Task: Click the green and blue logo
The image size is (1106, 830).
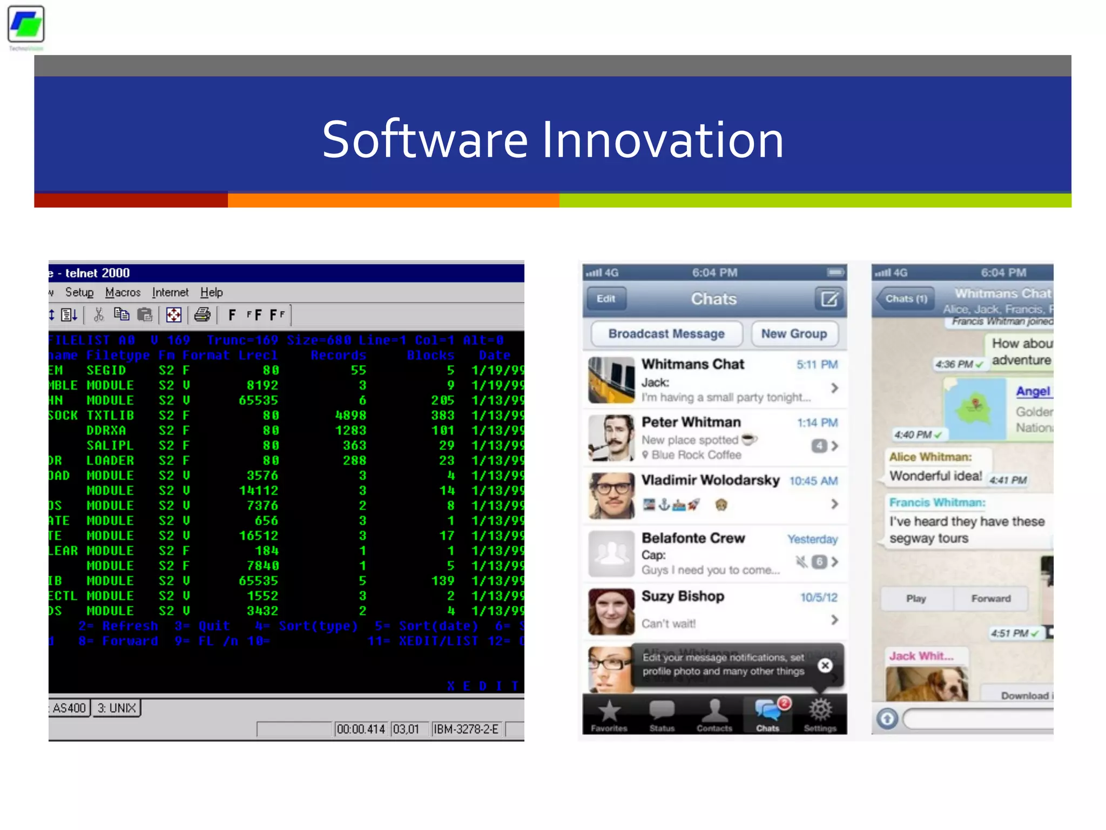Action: (x=26, y=24)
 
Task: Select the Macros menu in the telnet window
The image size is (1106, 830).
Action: (x=123, y=292)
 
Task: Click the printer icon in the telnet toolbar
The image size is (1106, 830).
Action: (x=203, y=314)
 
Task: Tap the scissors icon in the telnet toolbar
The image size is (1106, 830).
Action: (x=99, y=314)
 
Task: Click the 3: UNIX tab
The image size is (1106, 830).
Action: (x=117, y=708)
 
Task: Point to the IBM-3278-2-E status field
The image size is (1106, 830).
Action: (x=466, y=729)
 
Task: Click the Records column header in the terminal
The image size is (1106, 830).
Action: (x=338, y=356)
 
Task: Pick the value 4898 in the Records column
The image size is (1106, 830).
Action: (x=350, y=416)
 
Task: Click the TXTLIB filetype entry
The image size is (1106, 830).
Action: (x=110, y=416)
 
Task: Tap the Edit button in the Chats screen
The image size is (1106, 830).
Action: (x=606, y=299)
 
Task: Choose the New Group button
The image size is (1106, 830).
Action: (x=794, y=334)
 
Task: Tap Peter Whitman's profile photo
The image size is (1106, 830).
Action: (x=611, y=438)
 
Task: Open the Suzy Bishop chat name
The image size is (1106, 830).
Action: (x=683, y=596)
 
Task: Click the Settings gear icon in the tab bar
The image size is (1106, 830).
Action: (x=820, y=710)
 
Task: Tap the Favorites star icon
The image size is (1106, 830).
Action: (x=609, y=711)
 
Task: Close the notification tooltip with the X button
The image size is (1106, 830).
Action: (x=825, y=665)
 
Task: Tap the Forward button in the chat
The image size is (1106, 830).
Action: (x=990, y=599)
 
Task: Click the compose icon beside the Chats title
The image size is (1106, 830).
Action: (x=829, y=299)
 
